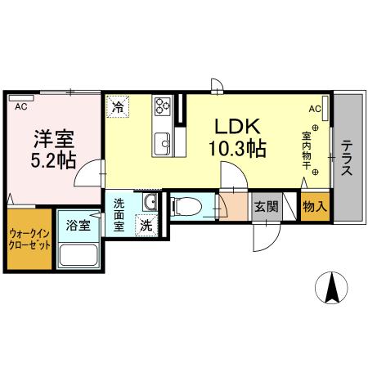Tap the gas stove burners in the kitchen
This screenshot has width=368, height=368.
coord(162,105)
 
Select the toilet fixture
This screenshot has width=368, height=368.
coord(184,204)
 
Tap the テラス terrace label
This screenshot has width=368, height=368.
coord(348,155)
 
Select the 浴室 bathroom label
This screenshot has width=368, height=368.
coord(79,223)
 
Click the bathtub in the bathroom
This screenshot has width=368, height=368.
coord(79,256)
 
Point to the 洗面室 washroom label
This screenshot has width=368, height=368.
coord(119,214)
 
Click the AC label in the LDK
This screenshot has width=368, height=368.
coord(315,108)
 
